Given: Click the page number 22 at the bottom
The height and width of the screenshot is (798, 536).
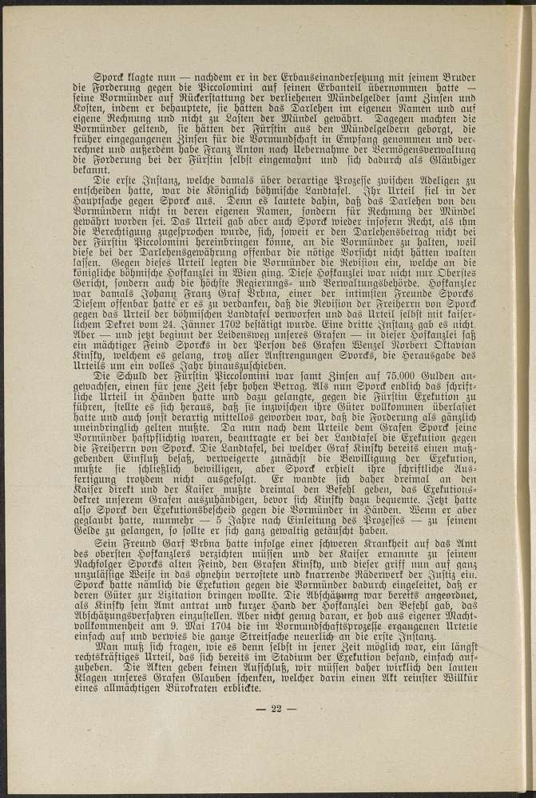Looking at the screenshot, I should coord(277,709).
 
